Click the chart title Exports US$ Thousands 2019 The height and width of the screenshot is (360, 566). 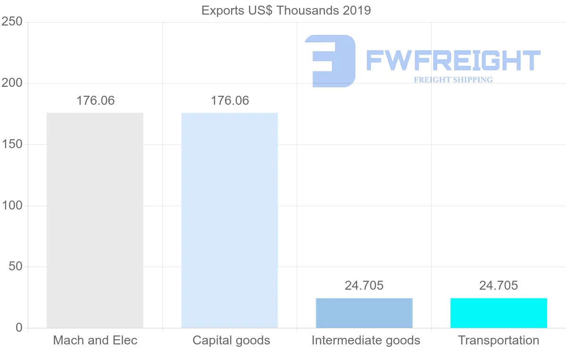(x=286, y=10)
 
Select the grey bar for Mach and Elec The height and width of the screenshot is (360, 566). (x=95, y=220)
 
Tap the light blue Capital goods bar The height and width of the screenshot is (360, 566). (x=230, y=220)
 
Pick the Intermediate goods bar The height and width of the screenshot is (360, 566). (x=364, y=313)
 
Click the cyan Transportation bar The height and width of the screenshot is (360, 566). (x=499, y=313)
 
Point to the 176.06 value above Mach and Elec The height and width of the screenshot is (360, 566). (x=95, y=100)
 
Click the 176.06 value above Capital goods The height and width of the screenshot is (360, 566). (x=230, y=100)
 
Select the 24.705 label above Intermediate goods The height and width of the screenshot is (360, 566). (x=364, y=285)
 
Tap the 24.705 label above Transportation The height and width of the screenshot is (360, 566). (x=499, y=285)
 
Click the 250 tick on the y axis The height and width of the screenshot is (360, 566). (x=12, y=22)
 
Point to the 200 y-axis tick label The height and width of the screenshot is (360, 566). (x=12, y=83)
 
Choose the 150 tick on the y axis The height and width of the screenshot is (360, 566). (x=12, y=144)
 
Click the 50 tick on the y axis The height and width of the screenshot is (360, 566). (x=16, y=267)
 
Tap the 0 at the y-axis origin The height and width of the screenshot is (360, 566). (x=19, y=327)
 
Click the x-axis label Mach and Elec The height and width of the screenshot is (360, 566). (x=95, y=340)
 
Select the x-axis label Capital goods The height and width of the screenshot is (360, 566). (x=231, y=340)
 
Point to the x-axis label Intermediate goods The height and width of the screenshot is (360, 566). (x=366, y=340)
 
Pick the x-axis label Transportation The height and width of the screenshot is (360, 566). (x=499, y=340)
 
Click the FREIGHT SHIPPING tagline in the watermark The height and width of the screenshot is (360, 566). (x=453, y=80)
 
